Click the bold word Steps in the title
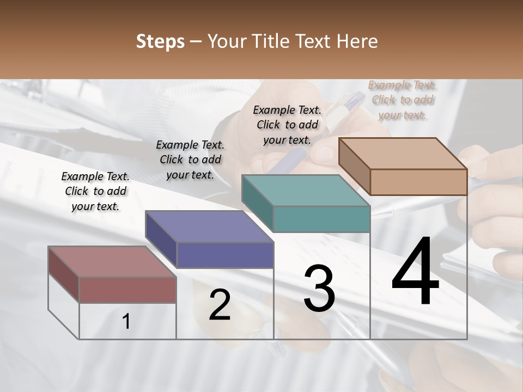(160, 41)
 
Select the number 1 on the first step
(126, 322)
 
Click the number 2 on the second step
(220, 305)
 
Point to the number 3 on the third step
(319, 289)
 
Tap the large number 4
(415, 272)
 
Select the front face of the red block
(127, 290)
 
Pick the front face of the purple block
(224, 255)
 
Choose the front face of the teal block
(321, 219)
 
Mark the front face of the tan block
(418, 182)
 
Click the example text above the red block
(95, 191)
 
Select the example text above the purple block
(190, 160)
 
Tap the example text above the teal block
(287, 125)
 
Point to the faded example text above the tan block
(403, 100)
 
